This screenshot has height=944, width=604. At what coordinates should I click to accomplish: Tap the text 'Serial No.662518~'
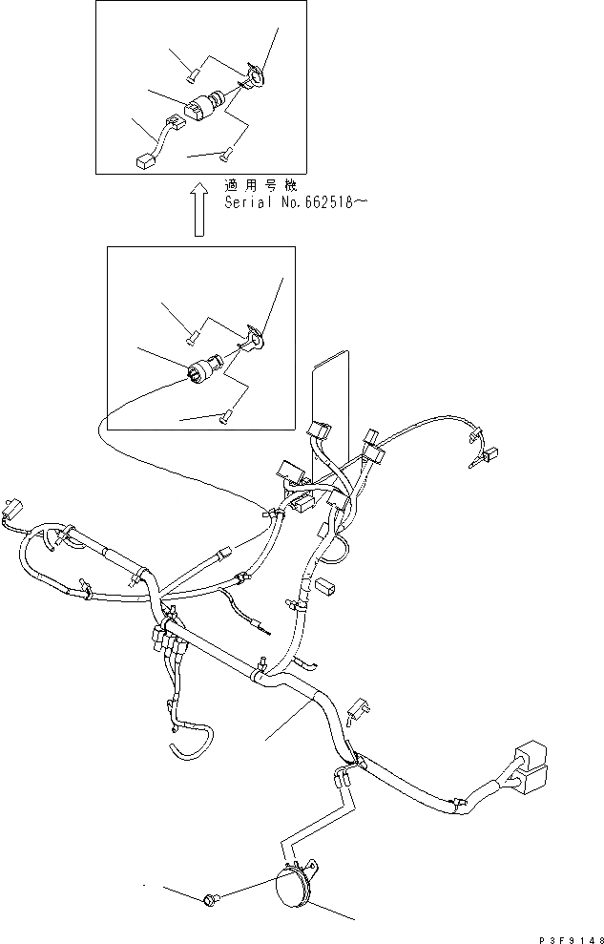click(293, 202)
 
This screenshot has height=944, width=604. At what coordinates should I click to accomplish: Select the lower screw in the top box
click(227, 153)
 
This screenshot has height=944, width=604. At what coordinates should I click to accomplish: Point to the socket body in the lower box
click(204, 368)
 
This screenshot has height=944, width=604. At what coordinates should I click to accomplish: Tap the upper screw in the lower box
click(192, 333)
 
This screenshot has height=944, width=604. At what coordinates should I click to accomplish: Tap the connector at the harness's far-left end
click(12, 505)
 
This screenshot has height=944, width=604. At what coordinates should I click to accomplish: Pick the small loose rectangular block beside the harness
click(325, 586)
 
